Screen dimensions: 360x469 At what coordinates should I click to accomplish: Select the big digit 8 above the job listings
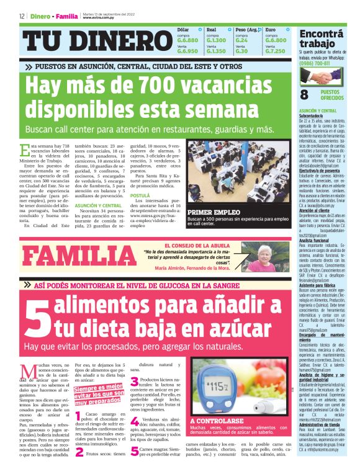[305, 94]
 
